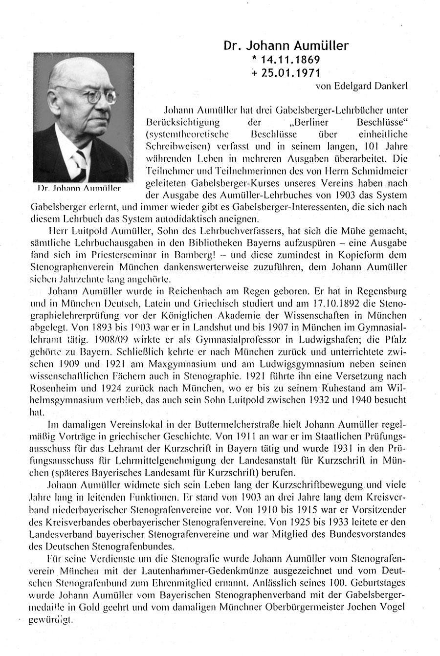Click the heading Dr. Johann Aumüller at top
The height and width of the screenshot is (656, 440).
pyautogui.click(x=286, y=46)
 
